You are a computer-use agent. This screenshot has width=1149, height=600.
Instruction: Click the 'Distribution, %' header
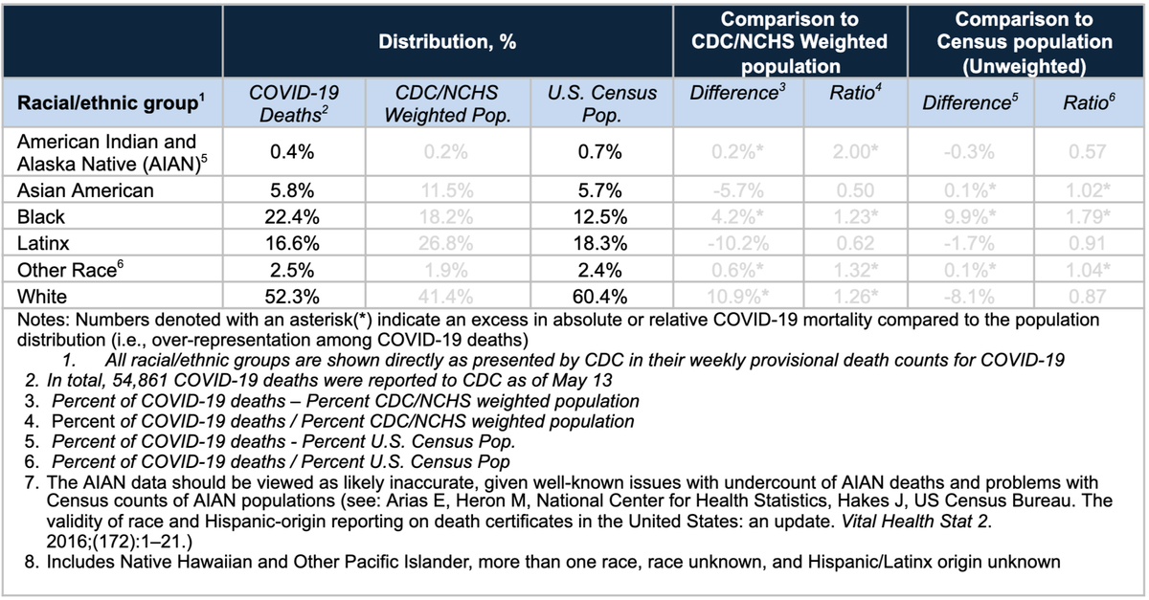coord(448,43)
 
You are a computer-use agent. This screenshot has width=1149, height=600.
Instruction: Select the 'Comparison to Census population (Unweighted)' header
coord(1025,43)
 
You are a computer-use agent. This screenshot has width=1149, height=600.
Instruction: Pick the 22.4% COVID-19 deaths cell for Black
coord(293,217)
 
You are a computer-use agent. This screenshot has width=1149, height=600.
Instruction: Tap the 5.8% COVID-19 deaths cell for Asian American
coord(293,190)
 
